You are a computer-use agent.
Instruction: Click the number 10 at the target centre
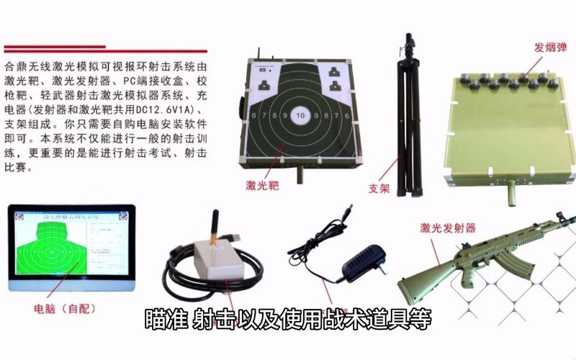tap(300, 115)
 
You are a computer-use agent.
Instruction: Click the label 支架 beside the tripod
tap(379, 188)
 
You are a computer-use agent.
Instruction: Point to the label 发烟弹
tap(549, 48)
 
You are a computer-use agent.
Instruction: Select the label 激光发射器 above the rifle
tap(449, 228)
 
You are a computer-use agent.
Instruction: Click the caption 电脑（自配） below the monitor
tap(65, 309)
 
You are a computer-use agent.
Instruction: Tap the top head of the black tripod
tap(409, 39)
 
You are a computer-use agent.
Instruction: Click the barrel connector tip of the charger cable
tap(348, 210)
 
